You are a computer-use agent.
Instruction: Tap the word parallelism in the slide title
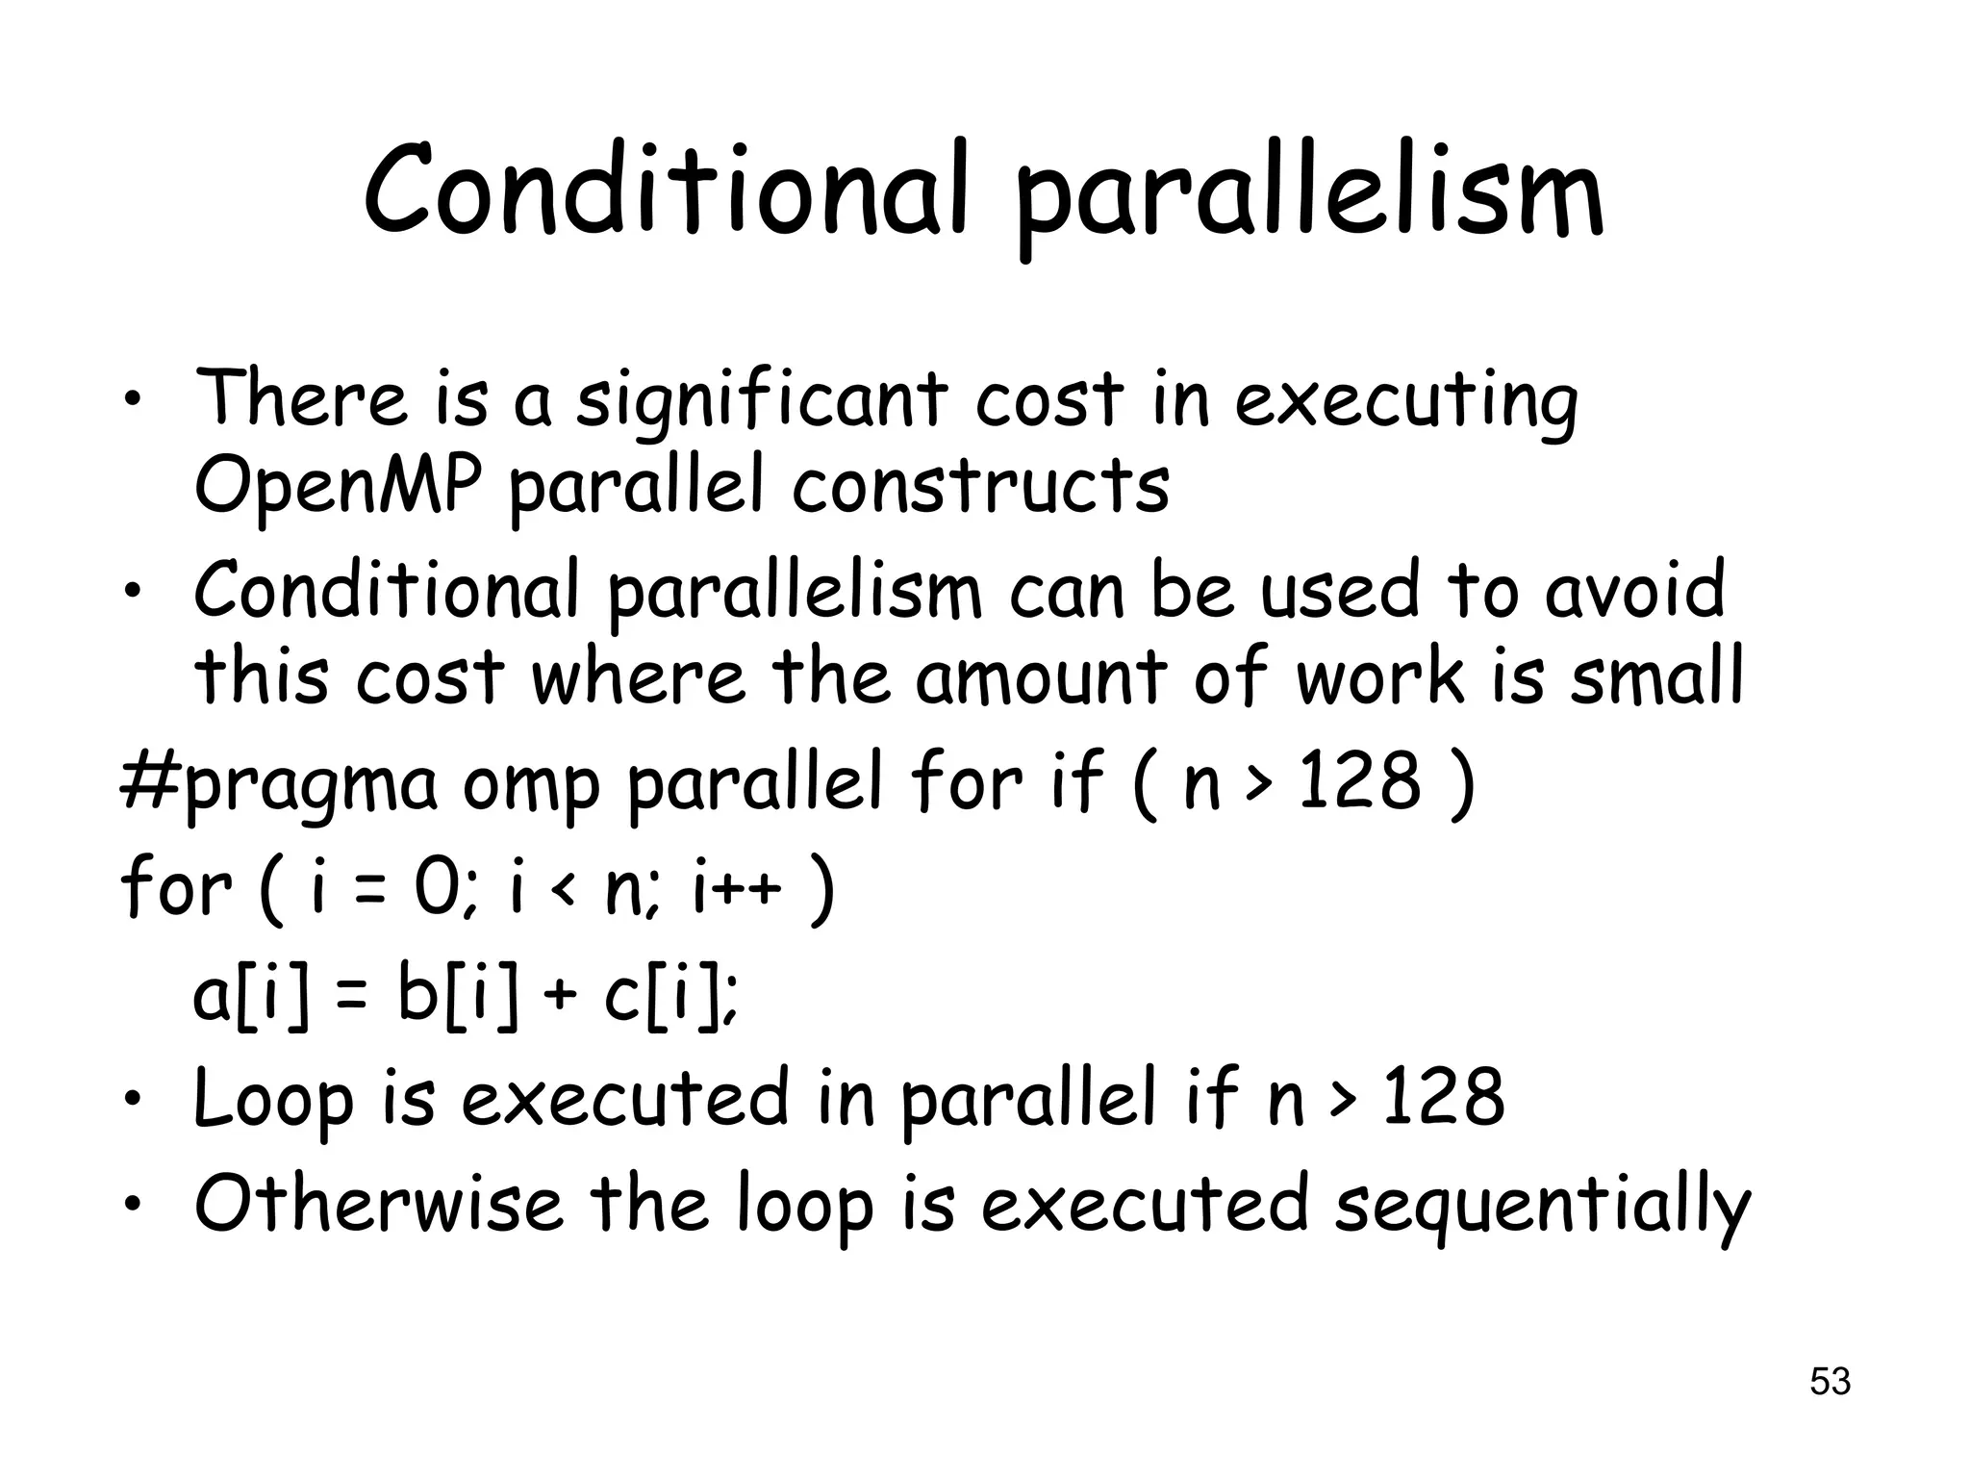pos(1309,197)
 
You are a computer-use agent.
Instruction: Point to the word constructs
pos(980,485)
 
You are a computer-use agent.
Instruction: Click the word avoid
pos(1634,590)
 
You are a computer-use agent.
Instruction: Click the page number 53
pos(1830,1381)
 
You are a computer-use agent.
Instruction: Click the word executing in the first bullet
pos(1405,402)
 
